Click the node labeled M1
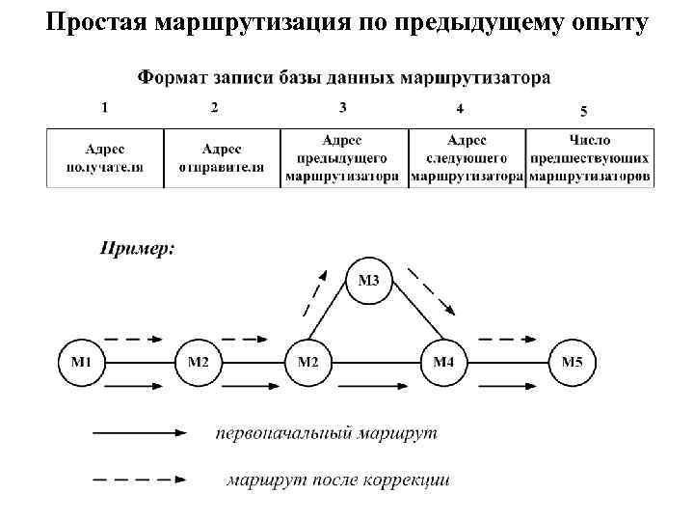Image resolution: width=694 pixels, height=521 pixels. pos(81,363)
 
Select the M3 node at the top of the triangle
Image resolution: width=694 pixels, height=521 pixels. pos(369,282)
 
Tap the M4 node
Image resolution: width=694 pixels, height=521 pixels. pos(443,363)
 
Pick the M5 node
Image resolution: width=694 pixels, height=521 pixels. pos(573,363)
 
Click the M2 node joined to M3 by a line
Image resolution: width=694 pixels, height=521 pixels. pos(308,363)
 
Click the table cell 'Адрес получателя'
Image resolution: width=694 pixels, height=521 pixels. pos(105,158)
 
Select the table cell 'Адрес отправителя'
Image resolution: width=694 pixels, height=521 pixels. pos(222,158)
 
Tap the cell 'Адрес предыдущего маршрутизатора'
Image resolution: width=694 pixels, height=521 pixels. pos(342,158)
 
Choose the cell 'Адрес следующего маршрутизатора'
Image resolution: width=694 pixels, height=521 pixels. pos(467,158)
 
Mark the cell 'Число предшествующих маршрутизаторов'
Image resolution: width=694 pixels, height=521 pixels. pos(589,158)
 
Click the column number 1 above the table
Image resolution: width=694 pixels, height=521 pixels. pos(104,107)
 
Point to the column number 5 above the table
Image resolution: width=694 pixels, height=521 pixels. pos(583,111)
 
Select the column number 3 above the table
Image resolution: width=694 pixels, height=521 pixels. pos(343,107)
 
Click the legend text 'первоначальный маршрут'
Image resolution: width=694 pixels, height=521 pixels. pos(326,433)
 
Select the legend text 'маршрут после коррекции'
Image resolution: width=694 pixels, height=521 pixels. pos(338,479)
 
